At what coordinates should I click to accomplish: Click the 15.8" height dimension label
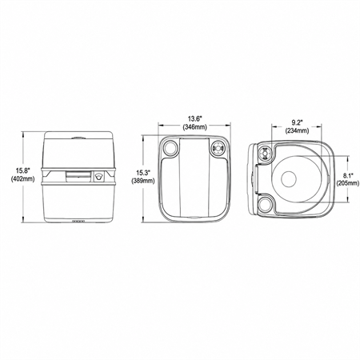22,171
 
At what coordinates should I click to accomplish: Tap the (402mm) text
22,179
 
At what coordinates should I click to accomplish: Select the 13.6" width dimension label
195,118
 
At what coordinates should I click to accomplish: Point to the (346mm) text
195,127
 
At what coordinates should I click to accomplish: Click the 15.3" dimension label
143,172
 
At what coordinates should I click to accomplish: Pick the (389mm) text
143,181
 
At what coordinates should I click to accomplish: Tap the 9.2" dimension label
297,122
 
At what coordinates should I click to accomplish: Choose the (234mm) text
297,131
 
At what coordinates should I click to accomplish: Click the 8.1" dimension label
348,175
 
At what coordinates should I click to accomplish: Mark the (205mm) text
348,183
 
